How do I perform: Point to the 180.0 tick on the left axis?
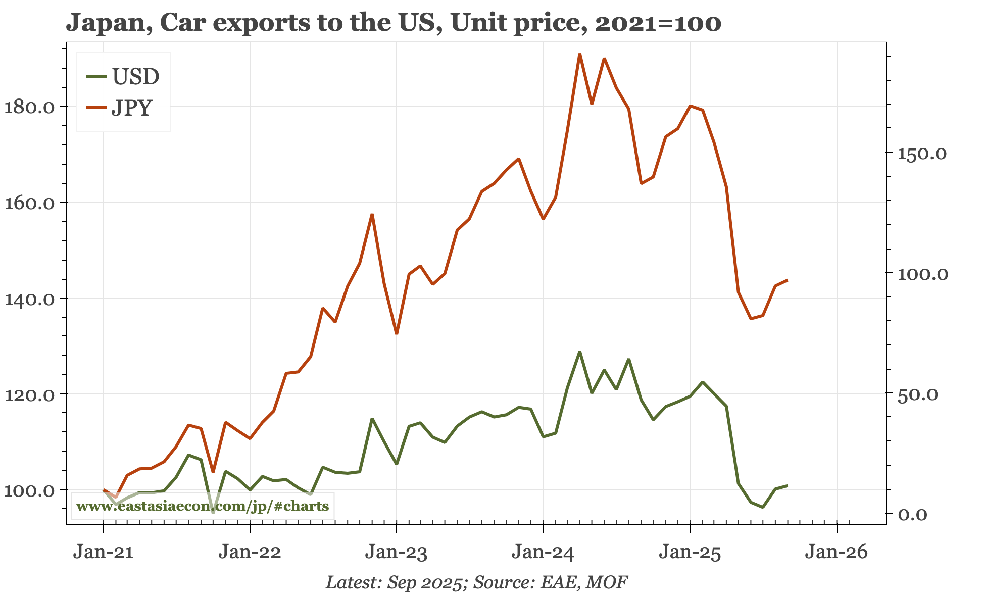click(29, 107)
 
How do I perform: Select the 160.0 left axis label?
click(29, 203)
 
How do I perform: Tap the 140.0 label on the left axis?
click(29, 299)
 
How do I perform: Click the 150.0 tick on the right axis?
click(922, 154)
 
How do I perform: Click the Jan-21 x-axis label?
click(103, 552)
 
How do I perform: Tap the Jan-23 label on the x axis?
click(397, 552)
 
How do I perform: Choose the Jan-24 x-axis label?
click(543, 552)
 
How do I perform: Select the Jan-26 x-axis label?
click(837, 552)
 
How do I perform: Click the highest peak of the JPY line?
click(580, 54)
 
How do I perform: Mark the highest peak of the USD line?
click(580, 352)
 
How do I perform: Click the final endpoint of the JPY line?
click(787, 280)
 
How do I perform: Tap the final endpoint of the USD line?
click(787, 486)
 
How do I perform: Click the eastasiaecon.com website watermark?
click(203, 506)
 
